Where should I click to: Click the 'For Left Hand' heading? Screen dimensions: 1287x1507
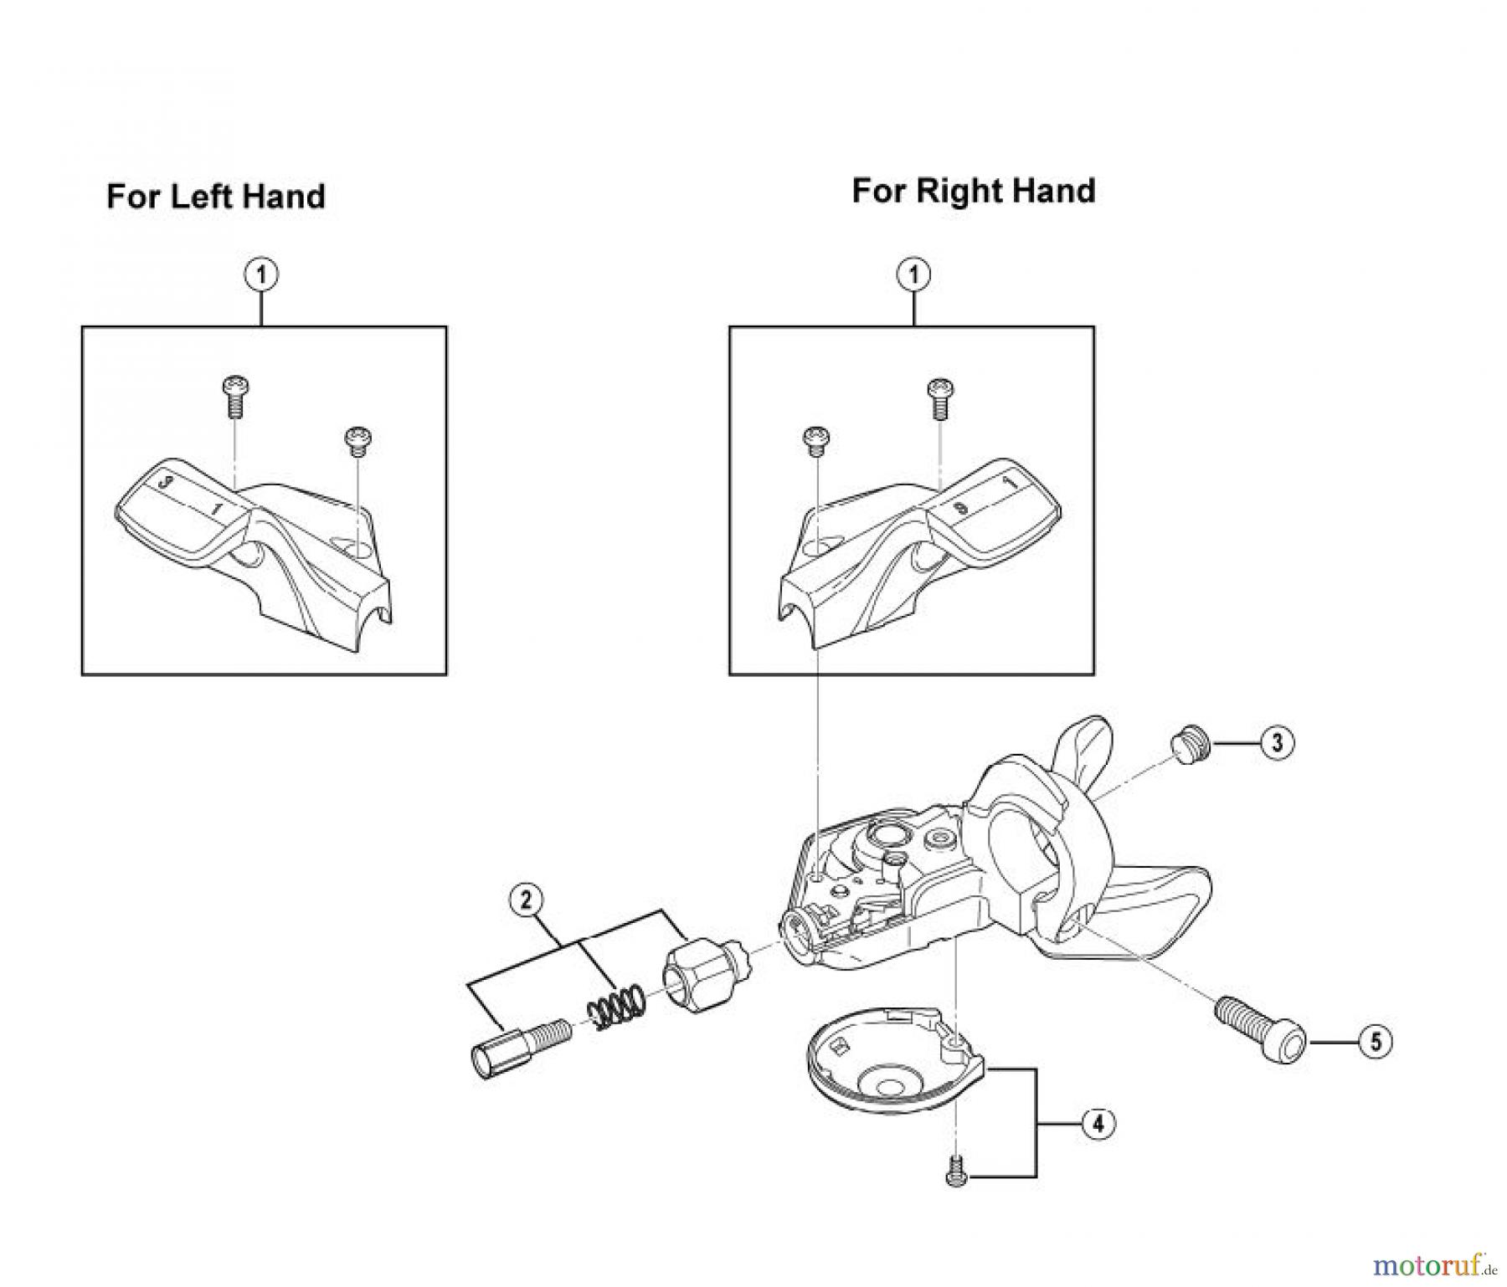[215, 197]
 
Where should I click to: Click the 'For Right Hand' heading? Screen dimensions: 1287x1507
[973, 191]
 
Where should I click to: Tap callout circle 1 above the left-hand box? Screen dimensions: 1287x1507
[261, 274]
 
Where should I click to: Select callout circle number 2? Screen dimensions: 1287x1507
[526, 900]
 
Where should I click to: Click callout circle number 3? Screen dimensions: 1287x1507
[1277, 743]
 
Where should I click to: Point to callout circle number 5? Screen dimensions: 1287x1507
[1375, 1042]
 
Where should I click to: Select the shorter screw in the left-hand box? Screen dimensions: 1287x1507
[358, 441]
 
